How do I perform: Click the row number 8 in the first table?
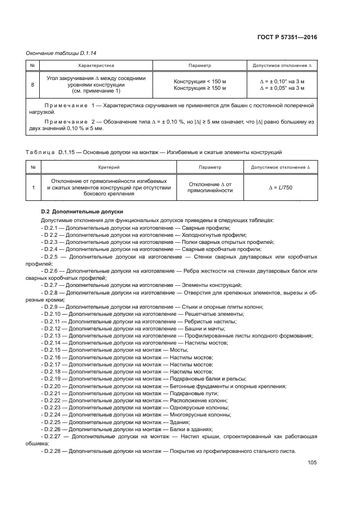click(x=33, y=85)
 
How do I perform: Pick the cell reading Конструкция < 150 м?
click(x=199, y=82)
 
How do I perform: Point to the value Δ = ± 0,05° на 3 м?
click(x=282, y=88)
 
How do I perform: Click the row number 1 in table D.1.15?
click(x=33, y=187)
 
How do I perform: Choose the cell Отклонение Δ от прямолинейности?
click(x=210, y=187)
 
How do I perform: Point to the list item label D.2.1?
click(x=52, y=228)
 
